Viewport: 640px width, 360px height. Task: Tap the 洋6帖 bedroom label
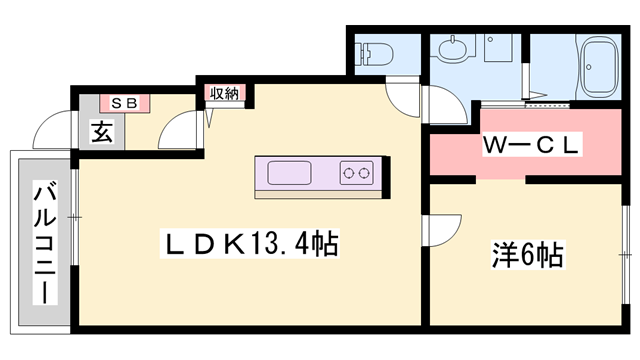pyautogui.click(x=527, y=255)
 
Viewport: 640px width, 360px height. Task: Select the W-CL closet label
pyautogui.click(x=531, y=146)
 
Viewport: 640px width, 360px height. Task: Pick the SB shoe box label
pyautogui.click(x=124, y=102)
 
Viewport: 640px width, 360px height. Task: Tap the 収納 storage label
pyautogui.click(x=224, y=94)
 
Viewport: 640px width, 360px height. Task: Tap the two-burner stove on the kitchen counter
pyautogui.click(x=356, y=172)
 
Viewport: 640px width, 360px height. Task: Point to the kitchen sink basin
pyautogui.click(x=290, y=173)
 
